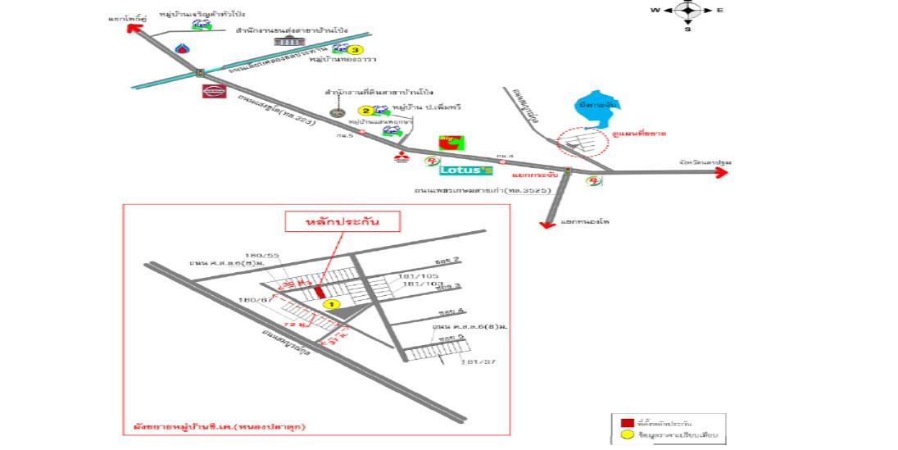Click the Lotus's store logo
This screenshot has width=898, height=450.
[465, 170]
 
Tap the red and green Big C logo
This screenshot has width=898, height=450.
[449, 141]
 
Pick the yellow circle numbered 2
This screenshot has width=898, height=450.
[366, 111]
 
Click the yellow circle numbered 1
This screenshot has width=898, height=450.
[331, 303]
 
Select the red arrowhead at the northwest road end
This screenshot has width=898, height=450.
[136, 27]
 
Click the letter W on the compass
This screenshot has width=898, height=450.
[655, 10]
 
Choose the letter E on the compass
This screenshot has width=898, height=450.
[719, 10]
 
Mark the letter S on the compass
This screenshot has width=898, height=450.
[687, 30]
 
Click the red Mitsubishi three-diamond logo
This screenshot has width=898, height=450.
[401, 157]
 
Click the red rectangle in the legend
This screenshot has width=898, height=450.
[627, 422]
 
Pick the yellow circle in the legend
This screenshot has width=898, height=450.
[627, 434]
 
